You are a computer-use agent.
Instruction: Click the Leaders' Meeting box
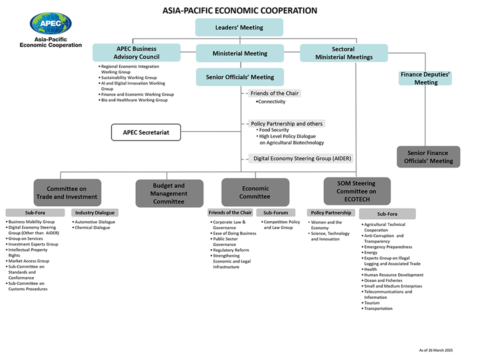[x=239, y=27]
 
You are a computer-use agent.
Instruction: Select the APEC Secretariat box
[x=145, y=132]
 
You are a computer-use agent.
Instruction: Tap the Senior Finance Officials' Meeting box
[x=428, y=157]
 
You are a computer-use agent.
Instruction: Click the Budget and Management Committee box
[x=169, y=193]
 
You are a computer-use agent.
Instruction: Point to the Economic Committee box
[x=255, y=192]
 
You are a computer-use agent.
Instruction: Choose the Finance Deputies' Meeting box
[x=425, y=78]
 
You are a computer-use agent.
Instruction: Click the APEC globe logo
[x=50, y=23]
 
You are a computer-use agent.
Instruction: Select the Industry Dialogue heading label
[x=95, y=213]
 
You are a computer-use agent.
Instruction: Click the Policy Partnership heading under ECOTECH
[x=330, y=213]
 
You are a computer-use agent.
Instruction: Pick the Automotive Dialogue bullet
[x=95, y=222]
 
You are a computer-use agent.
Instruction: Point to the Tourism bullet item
[x=372, y=303]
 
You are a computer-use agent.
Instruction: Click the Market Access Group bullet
[x=28, y=261]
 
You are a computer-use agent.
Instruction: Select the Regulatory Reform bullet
[x=231, y=250]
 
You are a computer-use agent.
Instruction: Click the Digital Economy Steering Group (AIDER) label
[x=302, y=158]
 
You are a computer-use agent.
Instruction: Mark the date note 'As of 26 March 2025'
[x=435, y=350]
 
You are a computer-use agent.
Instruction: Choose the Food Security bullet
[x=274, y=130]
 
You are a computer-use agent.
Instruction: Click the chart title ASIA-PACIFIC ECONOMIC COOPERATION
[x=240, y=10]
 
